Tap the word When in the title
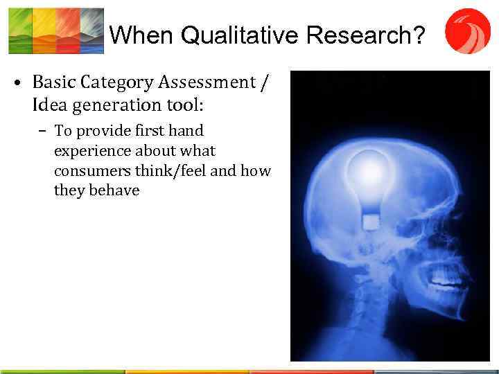(135, 35)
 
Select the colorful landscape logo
(55, 31)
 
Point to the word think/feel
(173, 170)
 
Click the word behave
(114, 190)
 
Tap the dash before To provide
(44, 131)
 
